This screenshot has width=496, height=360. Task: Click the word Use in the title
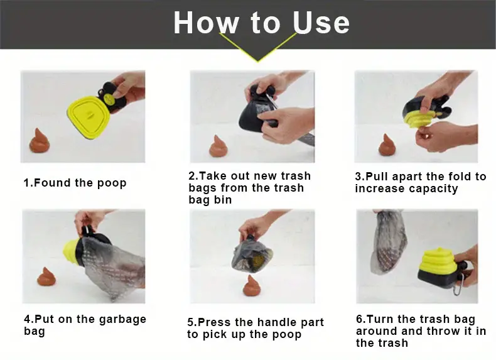tap(321, 22)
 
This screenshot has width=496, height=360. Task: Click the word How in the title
tap(206, 22)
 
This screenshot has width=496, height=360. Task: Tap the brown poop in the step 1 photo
tap(40, 141)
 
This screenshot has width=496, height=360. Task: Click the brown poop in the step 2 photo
tap(218, 146)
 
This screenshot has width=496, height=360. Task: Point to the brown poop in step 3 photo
tap(387, 145)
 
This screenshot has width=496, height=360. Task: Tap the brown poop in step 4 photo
tap(46, 276)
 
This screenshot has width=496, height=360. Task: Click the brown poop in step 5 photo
tap(252, 286)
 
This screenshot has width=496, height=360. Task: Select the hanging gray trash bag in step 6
tap(387, 241)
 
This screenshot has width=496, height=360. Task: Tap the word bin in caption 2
tap(224, 200)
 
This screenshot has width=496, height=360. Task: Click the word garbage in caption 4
tap(122, 319)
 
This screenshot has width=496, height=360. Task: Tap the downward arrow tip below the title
tap(258, 61)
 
